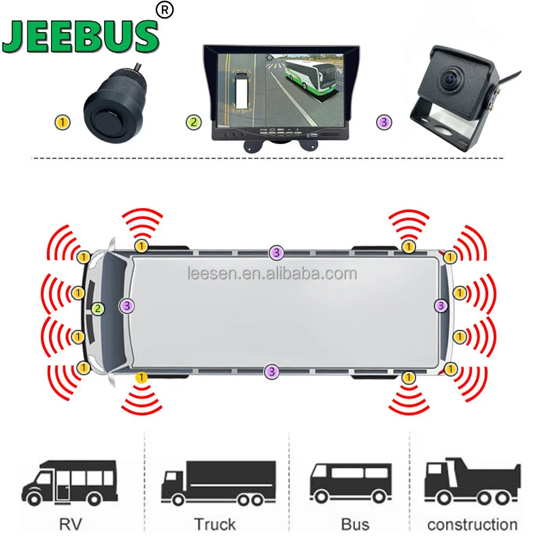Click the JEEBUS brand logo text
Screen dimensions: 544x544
pos(80,39)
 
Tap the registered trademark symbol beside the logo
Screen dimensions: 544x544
pos(165,10)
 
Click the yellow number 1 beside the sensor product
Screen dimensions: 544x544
pos(63,123)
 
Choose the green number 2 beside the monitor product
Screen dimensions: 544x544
pos(194,123)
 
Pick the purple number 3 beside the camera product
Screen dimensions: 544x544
pos(384,123)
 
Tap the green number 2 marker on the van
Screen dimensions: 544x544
pos(99,309)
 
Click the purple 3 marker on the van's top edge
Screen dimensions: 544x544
pos(275,252)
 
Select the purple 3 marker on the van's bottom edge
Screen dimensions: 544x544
pos(272,371)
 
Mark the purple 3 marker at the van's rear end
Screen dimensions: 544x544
pos(441,306)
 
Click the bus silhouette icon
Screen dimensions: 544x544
pos(350,481)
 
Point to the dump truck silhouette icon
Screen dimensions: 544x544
pos(472,481)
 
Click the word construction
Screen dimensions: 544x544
pos(472,524)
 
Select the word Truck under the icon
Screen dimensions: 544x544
pos(215,524)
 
